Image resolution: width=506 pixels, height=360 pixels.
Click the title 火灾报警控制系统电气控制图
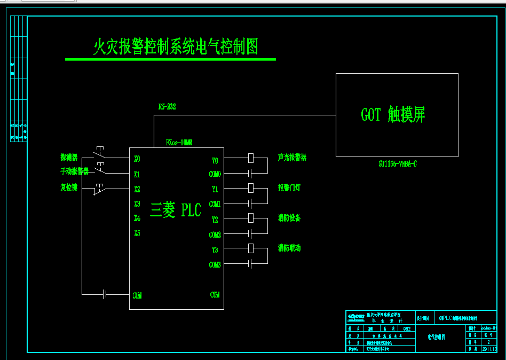tap(176, 48)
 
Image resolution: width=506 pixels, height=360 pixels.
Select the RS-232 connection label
tap(167, 107)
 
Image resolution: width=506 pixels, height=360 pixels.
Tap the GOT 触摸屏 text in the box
tap(393, 115)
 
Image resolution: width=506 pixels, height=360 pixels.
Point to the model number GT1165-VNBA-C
tap(398, 164)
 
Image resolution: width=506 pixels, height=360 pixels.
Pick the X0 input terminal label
tap(137, 159)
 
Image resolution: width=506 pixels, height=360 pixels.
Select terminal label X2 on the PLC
tap(137, 189)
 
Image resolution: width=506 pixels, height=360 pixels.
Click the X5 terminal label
tap(137, 233)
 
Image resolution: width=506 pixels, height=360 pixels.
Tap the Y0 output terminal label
tap(215, 160)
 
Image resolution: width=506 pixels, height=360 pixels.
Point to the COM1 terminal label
tap(215, 204)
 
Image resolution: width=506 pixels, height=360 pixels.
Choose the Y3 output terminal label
tap(215, 249)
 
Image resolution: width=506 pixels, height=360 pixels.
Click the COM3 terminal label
tap(215, 265)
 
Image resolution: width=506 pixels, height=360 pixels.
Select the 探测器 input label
tap(69, 158)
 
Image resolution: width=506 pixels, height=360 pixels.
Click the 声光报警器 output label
tap(292, 158)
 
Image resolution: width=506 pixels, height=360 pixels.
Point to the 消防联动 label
tap(289, 248)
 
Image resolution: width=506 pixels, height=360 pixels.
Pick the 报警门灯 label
tap(289, 187)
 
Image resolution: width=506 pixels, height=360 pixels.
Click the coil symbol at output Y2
tap(250, 218)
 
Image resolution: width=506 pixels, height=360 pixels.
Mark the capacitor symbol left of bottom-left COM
tap(105, 294)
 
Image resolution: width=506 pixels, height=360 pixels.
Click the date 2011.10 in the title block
tap(489, 349)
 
